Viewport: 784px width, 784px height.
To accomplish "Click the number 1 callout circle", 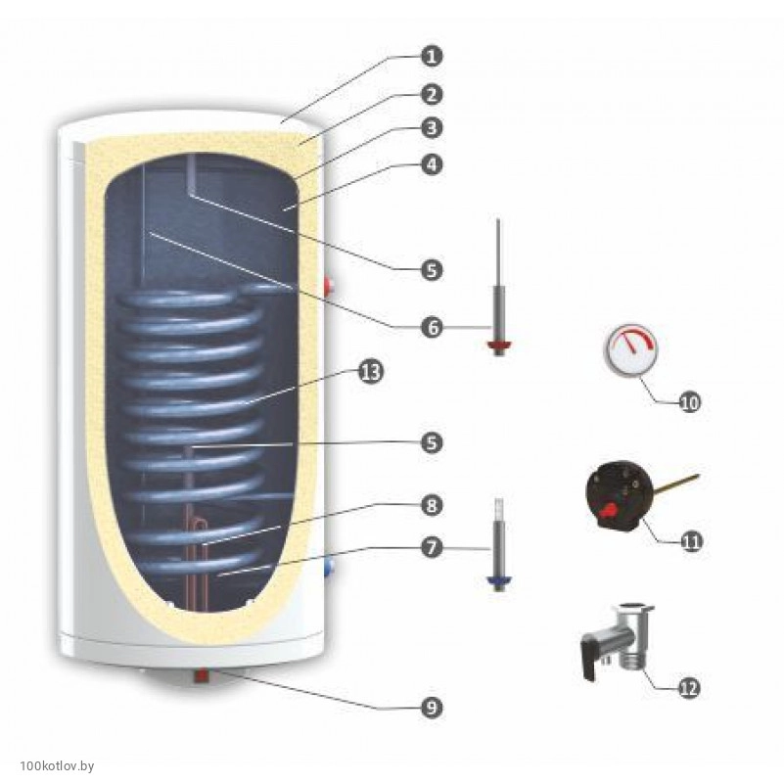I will (x=428, y=55).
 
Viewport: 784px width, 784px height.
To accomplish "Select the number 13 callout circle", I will (x=371, y=373).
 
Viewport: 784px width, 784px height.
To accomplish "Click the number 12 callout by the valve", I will (x=688, y=688).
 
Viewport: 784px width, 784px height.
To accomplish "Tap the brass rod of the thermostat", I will (x=675, y=483).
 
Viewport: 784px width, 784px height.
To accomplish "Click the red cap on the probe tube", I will (x=499, y=345).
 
